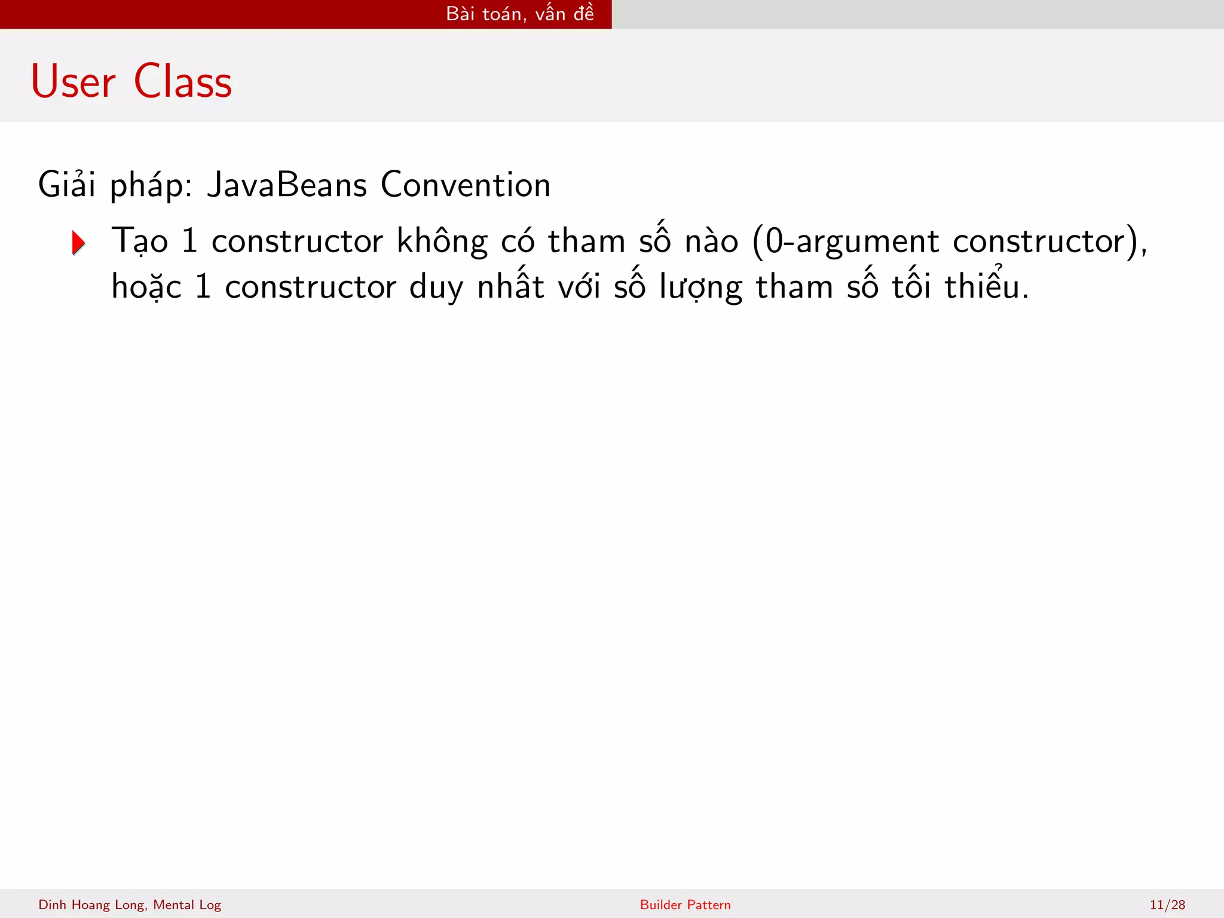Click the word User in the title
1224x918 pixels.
point(73,82)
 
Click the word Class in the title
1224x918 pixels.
point(182,82)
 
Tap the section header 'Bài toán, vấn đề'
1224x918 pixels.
point(520,14)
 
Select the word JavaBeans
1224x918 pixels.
point(287,185)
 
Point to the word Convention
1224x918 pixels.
point(465,185)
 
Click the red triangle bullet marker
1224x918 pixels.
point(78,243)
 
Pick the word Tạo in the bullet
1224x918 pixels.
point(140,241)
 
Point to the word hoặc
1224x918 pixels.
point(146,287)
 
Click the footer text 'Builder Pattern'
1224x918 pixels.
point(685,905)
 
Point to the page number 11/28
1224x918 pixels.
point(1167,905)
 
